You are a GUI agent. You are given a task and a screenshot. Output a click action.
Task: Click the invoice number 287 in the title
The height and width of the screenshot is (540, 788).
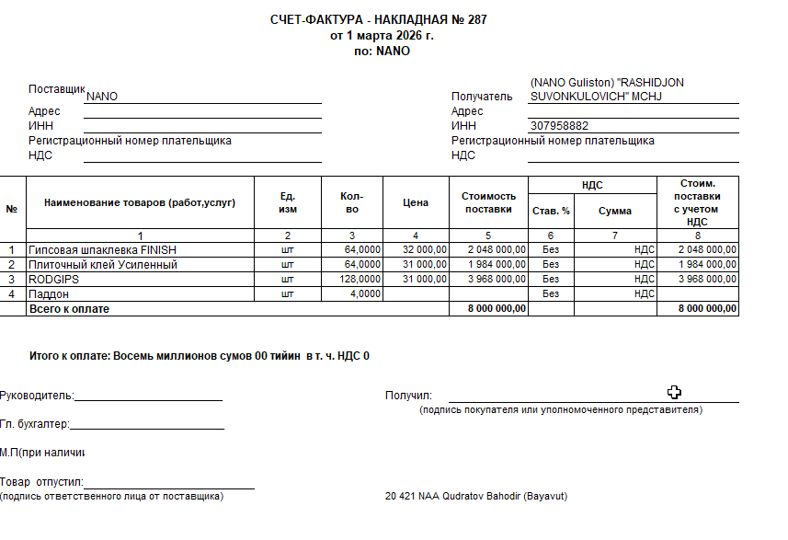477,20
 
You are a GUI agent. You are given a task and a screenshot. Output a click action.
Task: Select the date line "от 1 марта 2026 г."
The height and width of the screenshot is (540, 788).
381,36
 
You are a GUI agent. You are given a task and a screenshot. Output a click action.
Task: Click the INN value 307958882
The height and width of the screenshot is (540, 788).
560,126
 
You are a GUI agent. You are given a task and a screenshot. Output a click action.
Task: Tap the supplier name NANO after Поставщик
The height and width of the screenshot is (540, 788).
101,96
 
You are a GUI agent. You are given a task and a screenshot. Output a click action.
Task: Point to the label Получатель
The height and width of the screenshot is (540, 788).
481,96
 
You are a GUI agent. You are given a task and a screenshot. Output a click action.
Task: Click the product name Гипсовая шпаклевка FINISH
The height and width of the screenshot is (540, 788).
102,249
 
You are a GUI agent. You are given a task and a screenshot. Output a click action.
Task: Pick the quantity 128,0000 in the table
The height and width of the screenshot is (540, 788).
360,279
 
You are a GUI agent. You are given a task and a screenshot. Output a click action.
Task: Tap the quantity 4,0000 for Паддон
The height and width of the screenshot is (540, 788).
364,293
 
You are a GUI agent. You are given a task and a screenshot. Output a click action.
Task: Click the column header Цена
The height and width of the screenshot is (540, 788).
416,203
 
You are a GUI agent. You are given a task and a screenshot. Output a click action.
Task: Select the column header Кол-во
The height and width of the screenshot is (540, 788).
351,203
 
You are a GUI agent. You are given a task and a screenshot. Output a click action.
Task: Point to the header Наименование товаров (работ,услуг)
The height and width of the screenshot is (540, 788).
140,203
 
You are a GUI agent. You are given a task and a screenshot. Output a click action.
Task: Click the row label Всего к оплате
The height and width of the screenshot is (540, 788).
69,309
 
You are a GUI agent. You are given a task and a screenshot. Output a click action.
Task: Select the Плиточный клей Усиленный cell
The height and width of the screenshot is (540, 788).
102,264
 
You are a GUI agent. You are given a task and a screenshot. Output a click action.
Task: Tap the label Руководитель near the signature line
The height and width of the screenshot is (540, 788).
37,396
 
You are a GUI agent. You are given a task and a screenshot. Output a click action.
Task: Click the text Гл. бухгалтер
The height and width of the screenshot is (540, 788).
35,425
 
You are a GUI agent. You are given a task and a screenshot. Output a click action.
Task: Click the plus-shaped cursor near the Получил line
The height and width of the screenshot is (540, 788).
674,392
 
